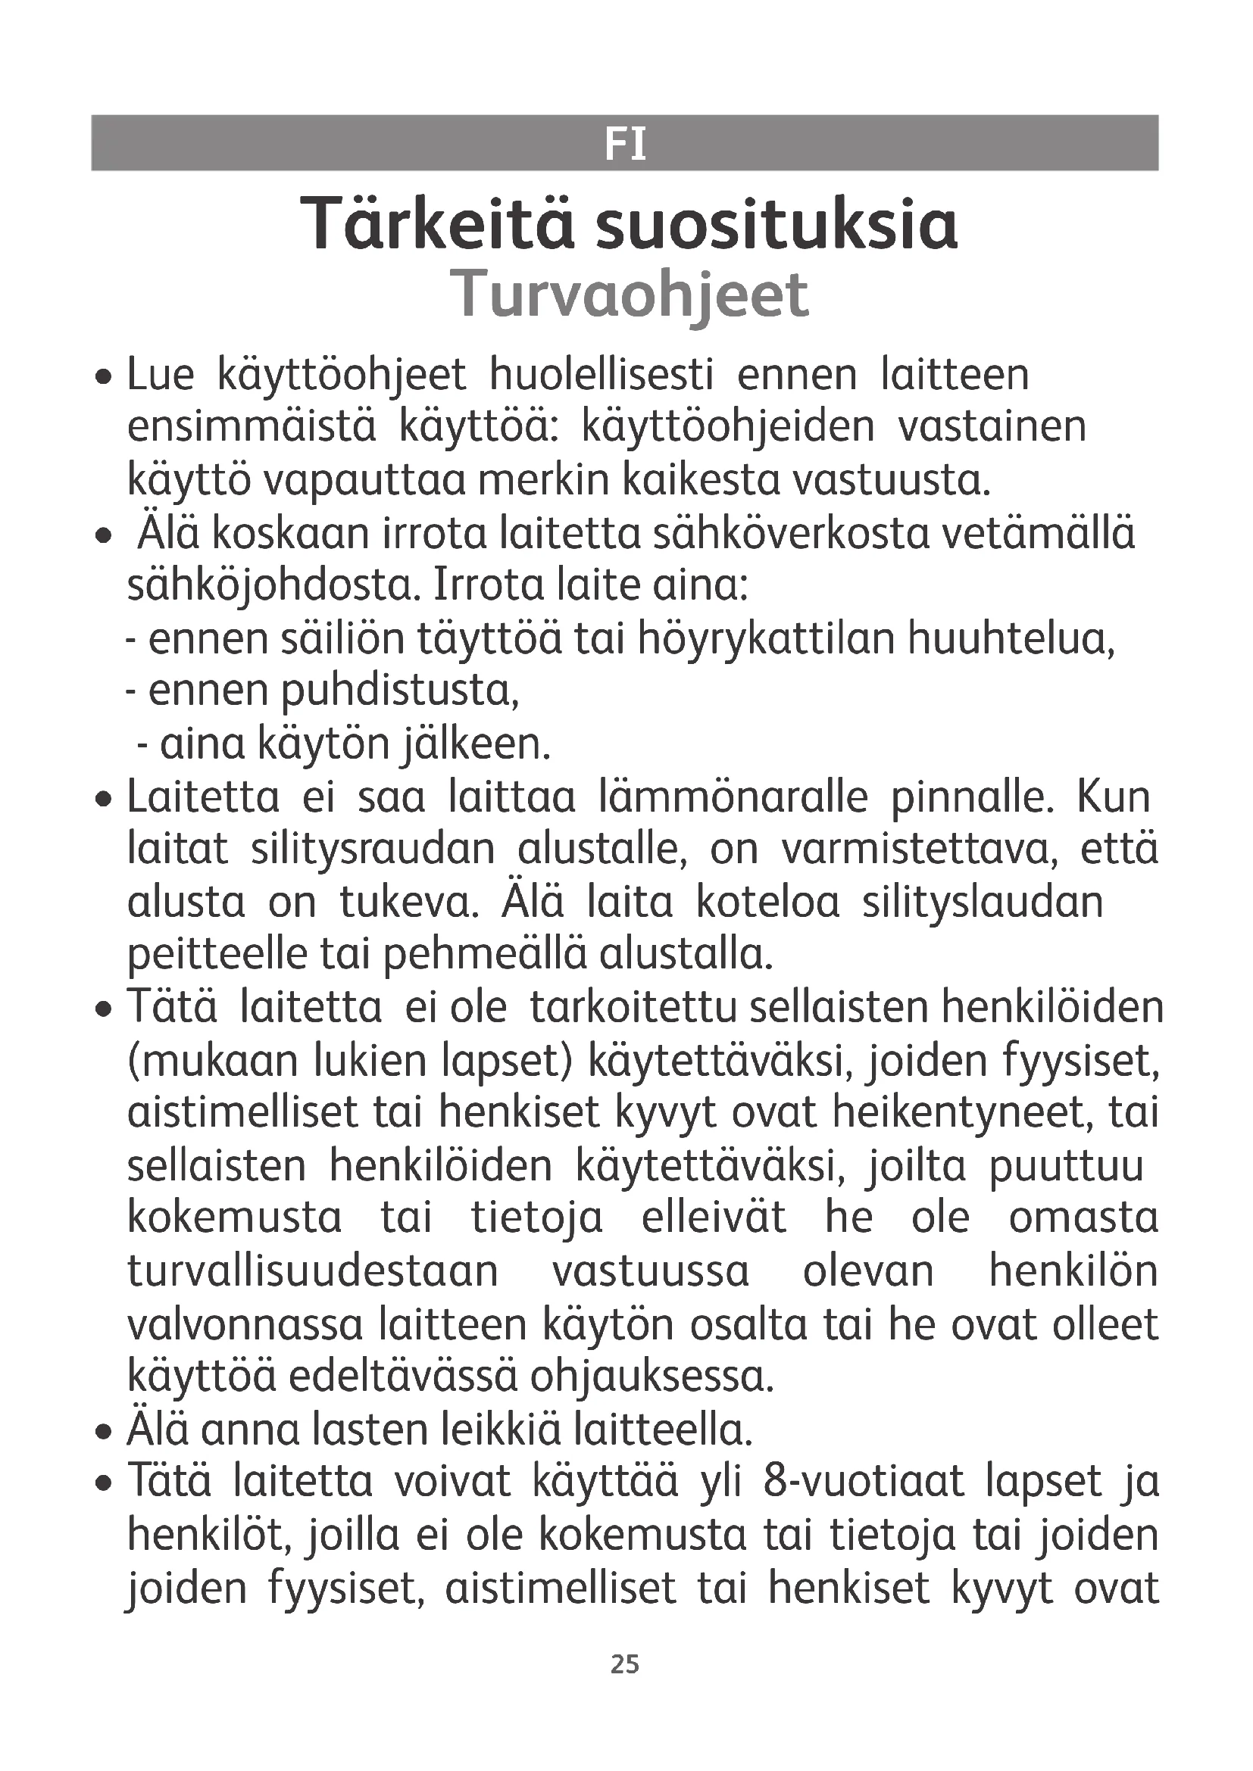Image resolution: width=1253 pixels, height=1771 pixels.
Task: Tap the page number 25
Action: pos(625,1663)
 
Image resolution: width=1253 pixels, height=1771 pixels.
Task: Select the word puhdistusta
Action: pos(401,691)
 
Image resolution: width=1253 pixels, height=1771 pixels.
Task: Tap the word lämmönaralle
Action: pos(733,797)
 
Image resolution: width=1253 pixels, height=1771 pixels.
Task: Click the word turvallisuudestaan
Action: pos(312,1272)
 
